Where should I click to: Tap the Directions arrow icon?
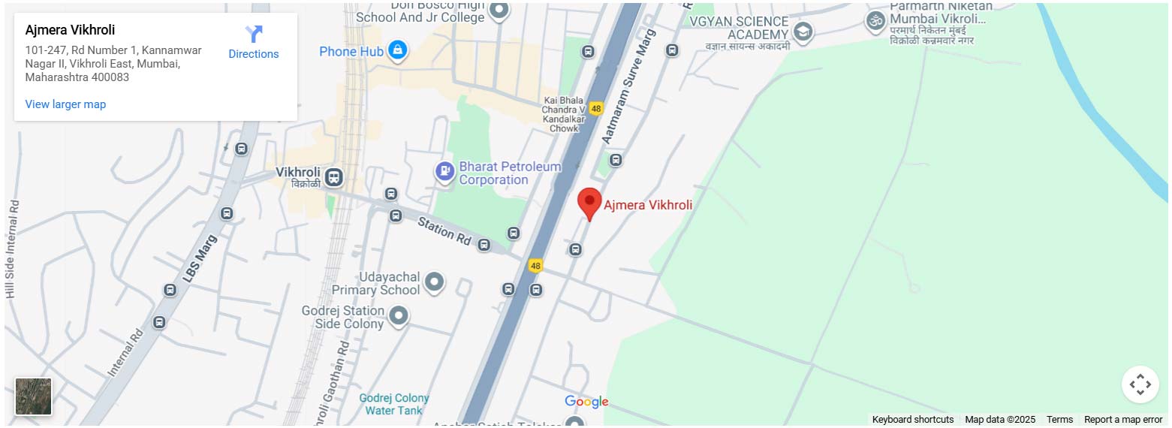[x=254, y=34]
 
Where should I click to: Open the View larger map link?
[x=65, y=104]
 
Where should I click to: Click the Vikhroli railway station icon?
[x=334, y=177]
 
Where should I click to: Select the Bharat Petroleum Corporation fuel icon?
[x=445, y=172]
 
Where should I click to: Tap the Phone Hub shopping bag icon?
[x=397, y=51]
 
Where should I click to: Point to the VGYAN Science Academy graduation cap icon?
[x=803, y=32]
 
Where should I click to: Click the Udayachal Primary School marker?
[x=434, y=282]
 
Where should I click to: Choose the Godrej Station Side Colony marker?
[x=399, y=315]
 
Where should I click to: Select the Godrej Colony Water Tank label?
[x=393, y=404]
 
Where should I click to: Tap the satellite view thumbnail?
[x=34, y=396]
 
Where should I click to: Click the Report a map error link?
[x=1123, y=420]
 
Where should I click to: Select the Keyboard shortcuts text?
[x=912, y=420]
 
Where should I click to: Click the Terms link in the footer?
[x=1059, y=420]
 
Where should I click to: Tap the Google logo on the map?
[x=586, y=402]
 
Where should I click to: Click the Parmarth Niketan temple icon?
[x=875, y=21]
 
